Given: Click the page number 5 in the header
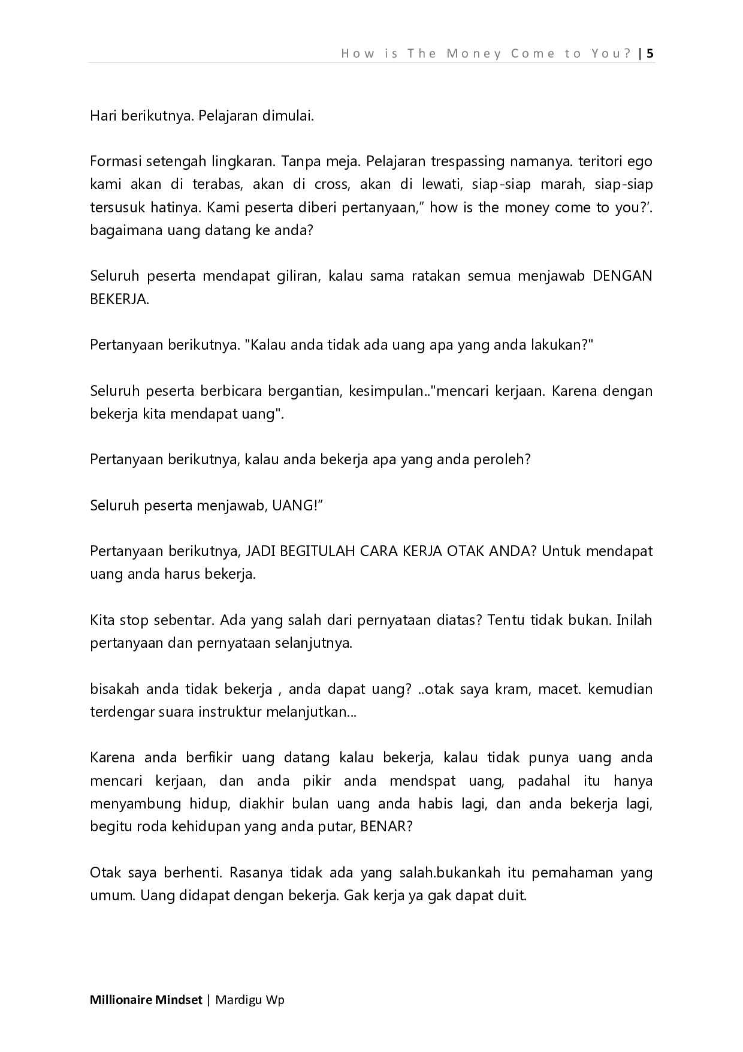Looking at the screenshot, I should coord(650,53).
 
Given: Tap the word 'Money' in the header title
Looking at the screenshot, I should coord(473,53).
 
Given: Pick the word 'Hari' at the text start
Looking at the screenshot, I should coord(103,116).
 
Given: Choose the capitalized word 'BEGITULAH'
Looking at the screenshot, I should coord(318,551).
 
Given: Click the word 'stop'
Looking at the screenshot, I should coord(134,620).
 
